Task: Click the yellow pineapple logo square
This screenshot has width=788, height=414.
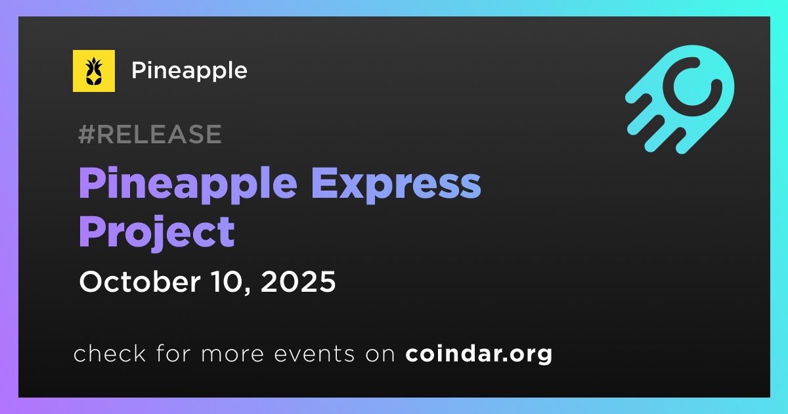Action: pos(93,71)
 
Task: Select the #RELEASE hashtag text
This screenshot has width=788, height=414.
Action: pos(150,134)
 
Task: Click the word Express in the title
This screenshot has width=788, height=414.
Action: pos(396,185)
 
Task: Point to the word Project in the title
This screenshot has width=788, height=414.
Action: pos(157,233)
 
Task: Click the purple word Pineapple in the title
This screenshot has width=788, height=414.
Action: pos(188,185)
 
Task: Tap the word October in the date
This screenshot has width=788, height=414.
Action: pos(140,282)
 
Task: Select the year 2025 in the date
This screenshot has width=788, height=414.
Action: pos(298,282)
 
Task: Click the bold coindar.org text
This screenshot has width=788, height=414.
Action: pos(479,354)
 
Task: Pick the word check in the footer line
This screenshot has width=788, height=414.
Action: pos(110,353)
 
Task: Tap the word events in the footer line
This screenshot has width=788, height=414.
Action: pos(315,354)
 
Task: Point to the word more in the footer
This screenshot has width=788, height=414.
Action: pos(232,354)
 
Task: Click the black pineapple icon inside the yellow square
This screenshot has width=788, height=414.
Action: pos(93,71)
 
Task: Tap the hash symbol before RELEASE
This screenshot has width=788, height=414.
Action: pos(86,134)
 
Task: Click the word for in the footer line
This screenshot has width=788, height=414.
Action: pos(173,353)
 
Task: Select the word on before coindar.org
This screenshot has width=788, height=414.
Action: pos(380,354)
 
